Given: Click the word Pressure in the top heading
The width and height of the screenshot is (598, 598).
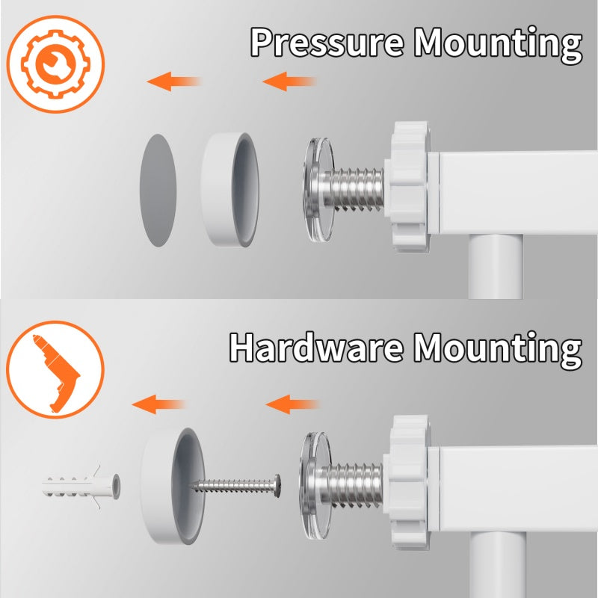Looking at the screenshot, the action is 327,42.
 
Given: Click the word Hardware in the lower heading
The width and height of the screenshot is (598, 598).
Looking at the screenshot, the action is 316,347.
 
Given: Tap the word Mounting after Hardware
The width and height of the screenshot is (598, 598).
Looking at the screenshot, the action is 498,349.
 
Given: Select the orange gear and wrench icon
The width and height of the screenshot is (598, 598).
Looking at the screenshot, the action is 55,64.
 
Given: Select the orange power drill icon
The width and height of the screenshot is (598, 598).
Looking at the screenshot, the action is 55,369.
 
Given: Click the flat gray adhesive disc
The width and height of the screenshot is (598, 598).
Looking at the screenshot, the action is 158,191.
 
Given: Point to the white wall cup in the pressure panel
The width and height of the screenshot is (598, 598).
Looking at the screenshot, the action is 230,190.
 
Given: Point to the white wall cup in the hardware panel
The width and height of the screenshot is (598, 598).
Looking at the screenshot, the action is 173,485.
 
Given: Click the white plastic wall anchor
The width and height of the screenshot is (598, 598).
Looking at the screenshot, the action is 81,487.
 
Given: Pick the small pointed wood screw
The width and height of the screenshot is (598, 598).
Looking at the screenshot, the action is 235,486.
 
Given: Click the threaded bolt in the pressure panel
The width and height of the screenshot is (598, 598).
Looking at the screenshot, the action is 353,188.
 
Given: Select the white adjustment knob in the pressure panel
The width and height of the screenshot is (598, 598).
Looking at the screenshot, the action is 409,187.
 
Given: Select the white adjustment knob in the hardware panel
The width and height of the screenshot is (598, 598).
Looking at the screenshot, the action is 408,482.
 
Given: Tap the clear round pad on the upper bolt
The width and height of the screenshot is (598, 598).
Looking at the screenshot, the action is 318,190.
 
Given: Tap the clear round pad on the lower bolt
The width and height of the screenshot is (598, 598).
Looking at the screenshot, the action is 315,485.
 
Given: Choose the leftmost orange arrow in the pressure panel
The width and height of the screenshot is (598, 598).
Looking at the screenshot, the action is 173,81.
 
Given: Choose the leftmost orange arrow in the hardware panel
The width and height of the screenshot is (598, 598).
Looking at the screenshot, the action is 158,404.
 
